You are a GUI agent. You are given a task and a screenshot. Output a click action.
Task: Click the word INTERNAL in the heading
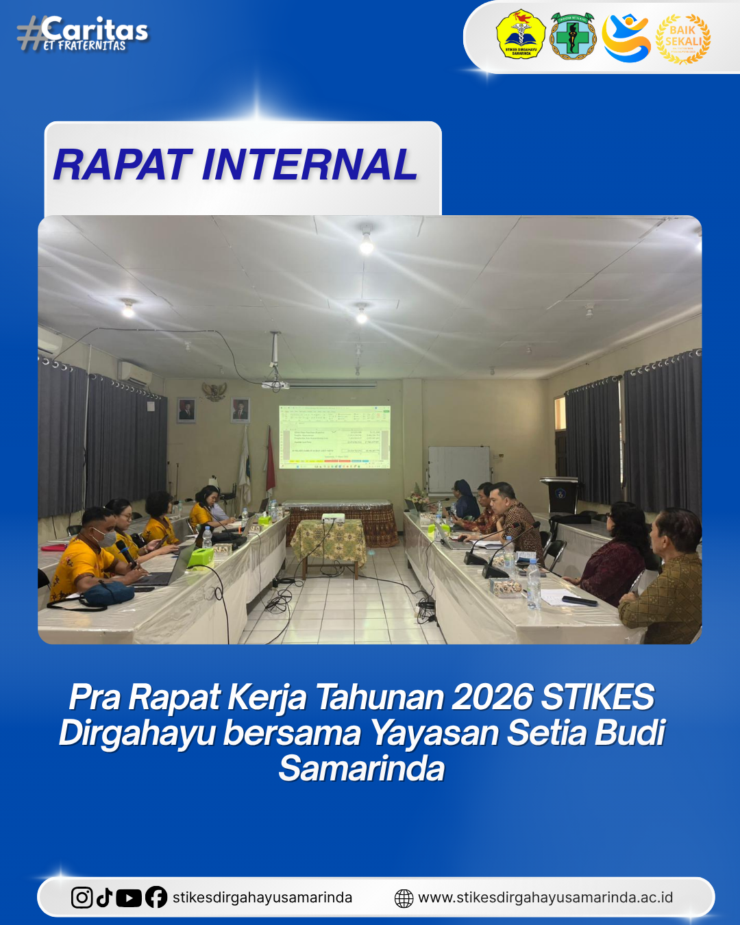point(310,165)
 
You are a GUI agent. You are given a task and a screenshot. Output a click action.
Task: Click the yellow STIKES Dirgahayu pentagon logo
point(521,35)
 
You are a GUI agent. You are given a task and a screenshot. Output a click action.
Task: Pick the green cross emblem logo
point(573,36)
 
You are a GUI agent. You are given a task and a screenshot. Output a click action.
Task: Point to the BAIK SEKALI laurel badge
point(683,38)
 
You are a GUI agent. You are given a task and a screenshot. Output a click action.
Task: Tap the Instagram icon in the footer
point(82,898)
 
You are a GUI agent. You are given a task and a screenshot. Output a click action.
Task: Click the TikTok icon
point(104,898)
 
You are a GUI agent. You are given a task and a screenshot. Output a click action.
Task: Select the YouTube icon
point(129,898)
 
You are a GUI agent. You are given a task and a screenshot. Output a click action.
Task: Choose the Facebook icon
point(156,898)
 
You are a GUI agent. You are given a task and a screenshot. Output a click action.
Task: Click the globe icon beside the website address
point(404,898)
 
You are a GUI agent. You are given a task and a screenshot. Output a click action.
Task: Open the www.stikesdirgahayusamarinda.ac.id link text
point(545,898)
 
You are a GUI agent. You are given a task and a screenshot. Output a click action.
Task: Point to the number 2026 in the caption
point(491,698)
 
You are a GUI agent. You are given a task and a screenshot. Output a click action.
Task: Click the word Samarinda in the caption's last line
point(362,768)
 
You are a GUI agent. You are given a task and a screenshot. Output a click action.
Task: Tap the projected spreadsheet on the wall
point(334,436)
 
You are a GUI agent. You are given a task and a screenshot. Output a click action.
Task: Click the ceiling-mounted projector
point(275,384)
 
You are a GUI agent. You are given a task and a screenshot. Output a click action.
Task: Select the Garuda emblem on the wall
point(214,392)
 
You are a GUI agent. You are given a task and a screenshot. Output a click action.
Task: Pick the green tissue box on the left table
point(201,556)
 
